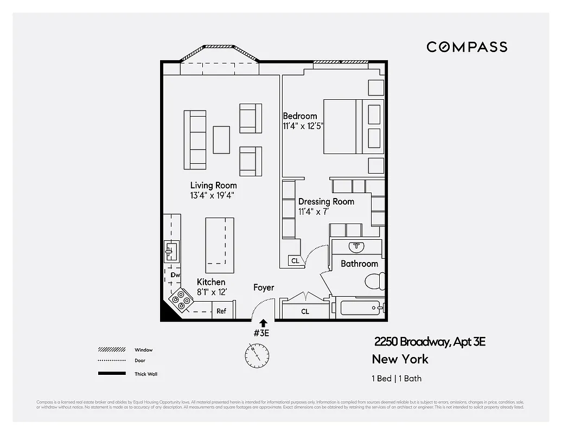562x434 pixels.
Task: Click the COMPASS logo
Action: pos(467,47)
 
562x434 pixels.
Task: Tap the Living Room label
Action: pos(213,186)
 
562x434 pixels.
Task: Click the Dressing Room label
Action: pos(326,201)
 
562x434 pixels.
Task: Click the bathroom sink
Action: pos(356,247)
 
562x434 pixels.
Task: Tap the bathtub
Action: pos(360,309)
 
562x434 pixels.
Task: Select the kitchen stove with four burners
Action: pos(181,300)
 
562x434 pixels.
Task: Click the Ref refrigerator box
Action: pos(221,311)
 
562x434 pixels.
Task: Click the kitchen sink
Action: pos(171,252)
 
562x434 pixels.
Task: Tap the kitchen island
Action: pos(219,245)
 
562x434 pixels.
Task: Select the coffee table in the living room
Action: pos(221,139)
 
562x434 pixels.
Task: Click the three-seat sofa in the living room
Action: pos(195,139)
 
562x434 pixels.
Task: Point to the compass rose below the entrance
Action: pos(256,355)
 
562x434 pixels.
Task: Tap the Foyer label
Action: pos(264,288)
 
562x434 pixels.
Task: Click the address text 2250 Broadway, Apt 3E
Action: pos(430,342)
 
